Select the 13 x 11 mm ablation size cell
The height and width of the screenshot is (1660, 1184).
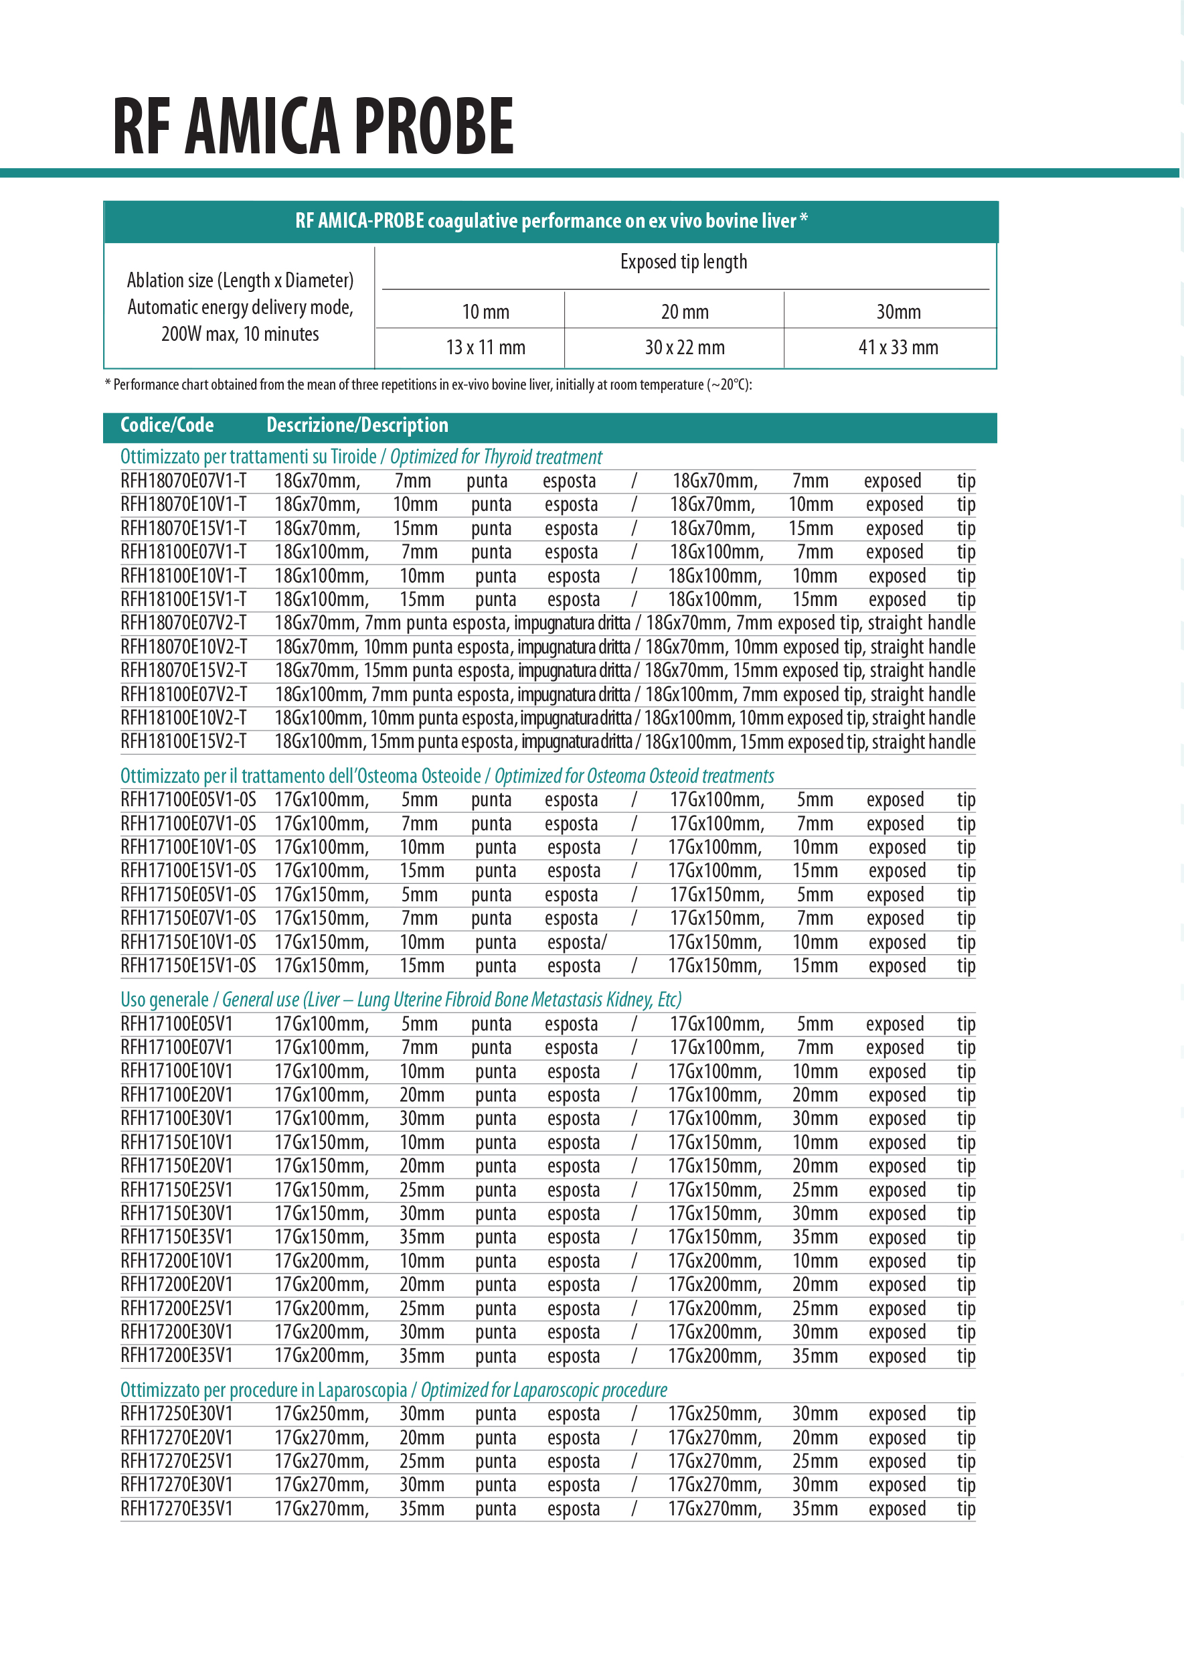pyautogui.click(x=485, y=348)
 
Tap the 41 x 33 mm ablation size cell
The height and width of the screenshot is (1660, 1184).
pyautogui.click(x=898, y=348)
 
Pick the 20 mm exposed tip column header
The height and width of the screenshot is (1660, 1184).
pyautogui.click(x=685, y=312)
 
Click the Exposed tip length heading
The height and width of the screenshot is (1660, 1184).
pyautogui.click(x=683, y=262)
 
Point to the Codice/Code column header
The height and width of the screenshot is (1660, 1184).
pyautogui.click(x=167, y=425)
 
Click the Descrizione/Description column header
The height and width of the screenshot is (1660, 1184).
pyautogui.click(x=357, y=425)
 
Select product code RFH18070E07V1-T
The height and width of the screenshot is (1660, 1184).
pyautogui.click(x=183, y=481)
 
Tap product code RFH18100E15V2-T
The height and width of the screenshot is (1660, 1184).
pyautogui.click(x=183, y=742)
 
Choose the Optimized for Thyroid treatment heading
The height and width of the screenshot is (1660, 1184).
pyautogui.click(x=361, y=457)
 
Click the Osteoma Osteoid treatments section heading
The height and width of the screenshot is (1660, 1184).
pyautogui.click(x=447, y=776)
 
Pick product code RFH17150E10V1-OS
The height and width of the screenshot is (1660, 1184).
pyautogui.click(x=188, y=942)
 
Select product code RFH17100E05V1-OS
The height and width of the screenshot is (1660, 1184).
pyautogui.click(x=188, y=800)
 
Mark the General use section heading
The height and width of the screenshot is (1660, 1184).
pyautogui.click(x=401, y=1000)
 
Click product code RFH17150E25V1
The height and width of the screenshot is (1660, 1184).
pyautogui.click(x=177, y=1191)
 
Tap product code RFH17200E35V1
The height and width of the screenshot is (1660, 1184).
pyautogui.click(x=177, y=1356)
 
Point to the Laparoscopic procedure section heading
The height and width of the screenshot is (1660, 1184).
pyautogui.click(x=394, y=1390)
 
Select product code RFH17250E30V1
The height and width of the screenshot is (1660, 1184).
pyautogui.click(x=177, y=1414)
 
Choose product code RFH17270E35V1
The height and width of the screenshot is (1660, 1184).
pyautogui.click(x=177, y=1509)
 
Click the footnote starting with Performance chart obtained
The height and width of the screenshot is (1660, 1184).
pyautogui.click(x=428, y=385)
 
